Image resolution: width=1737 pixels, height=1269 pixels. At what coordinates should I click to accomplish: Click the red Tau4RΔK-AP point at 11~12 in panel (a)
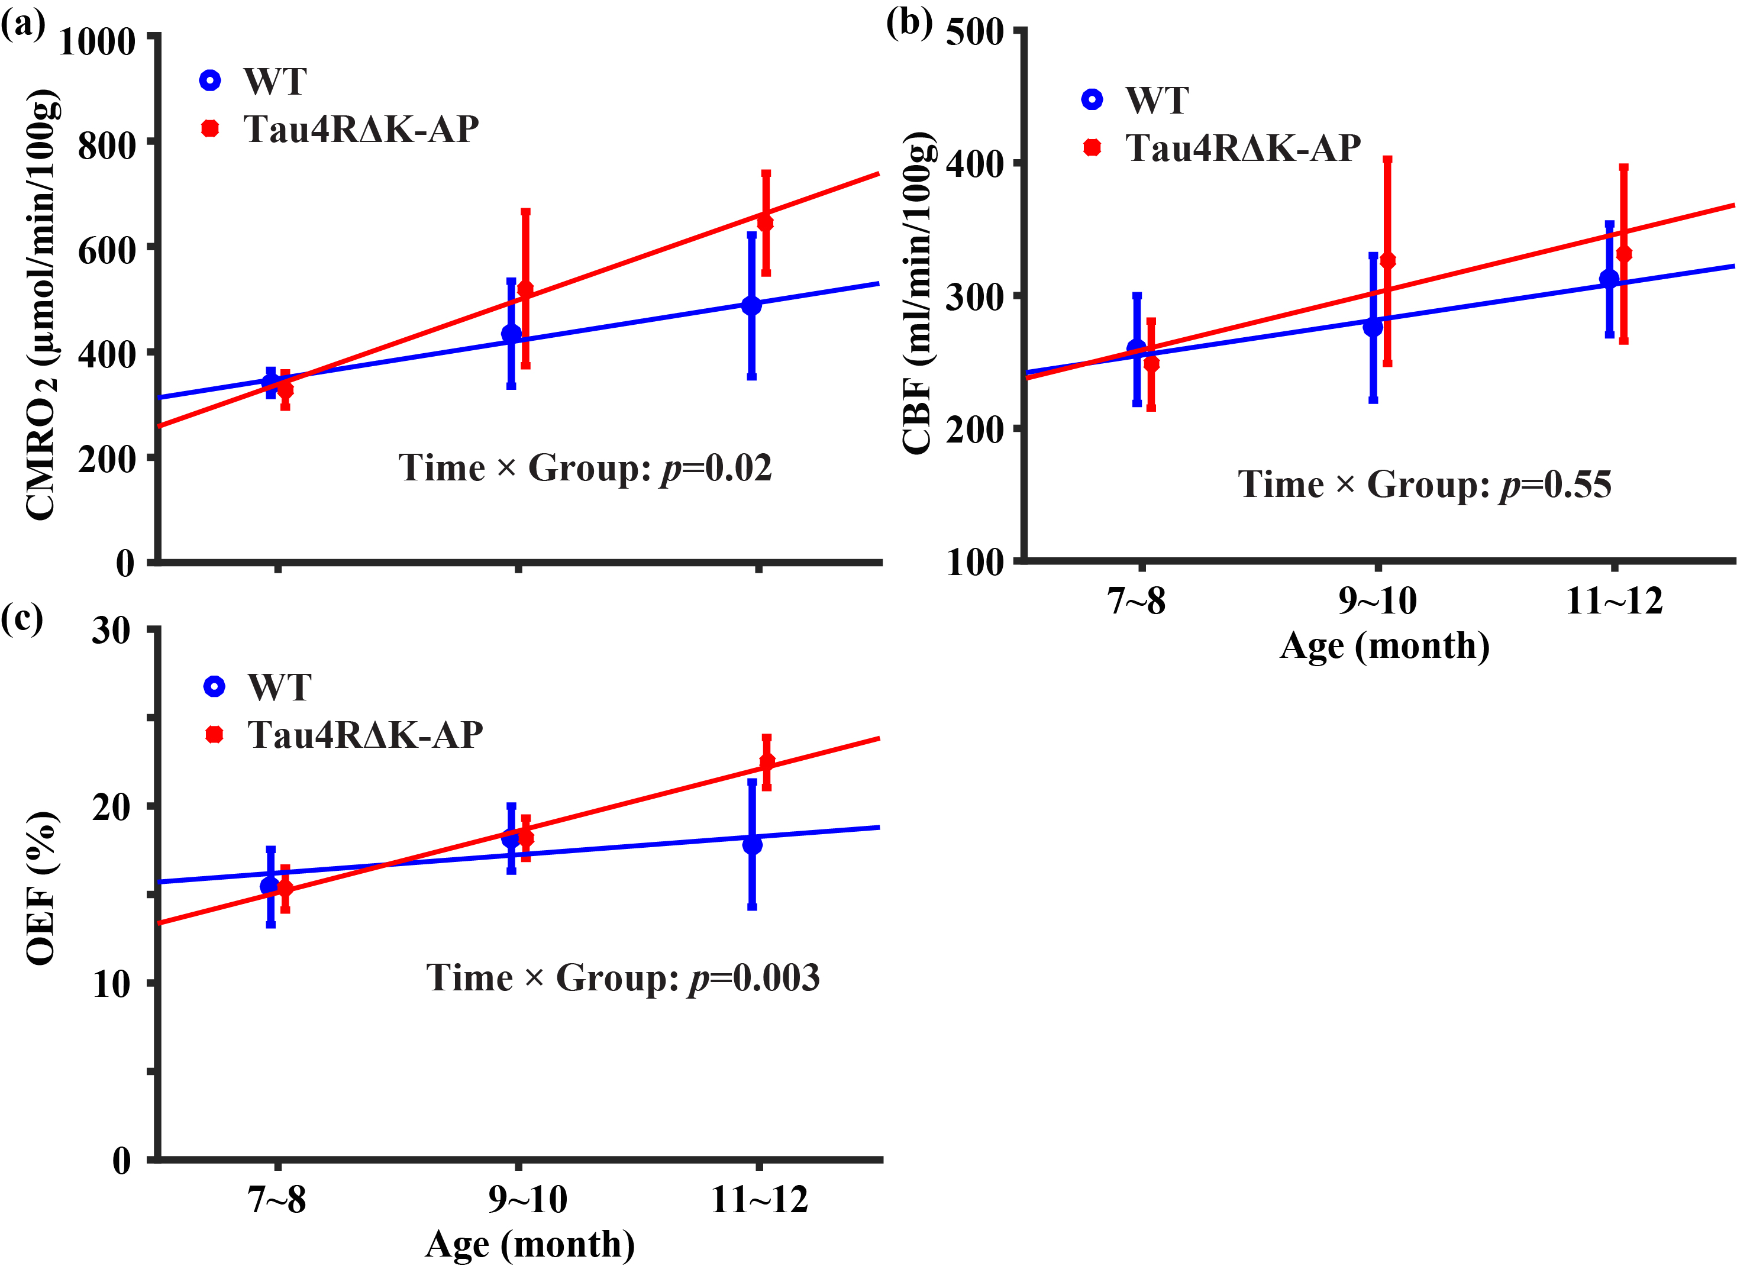765,223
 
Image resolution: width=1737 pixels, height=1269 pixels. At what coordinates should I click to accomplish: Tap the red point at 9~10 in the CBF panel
1387,260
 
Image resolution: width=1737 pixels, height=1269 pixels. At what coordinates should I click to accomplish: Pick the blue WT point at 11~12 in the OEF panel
752,844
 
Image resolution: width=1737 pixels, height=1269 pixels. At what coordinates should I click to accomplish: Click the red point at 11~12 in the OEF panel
767,761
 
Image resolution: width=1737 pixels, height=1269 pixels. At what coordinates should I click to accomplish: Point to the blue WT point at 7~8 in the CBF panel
1137,348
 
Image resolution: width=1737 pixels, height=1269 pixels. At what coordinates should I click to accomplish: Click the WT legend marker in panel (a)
210,80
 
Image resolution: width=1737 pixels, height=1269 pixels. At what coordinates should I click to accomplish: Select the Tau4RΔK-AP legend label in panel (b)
1243,147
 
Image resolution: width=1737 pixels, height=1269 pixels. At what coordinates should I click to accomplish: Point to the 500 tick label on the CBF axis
975,33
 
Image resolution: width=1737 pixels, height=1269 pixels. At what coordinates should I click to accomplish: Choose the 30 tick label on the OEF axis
111,631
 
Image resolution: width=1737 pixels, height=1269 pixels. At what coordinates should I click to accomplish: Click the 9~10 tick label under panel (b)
1377,600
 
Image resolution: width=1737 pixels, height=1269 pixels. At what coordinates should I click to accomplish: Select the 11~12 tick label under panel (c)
760,1199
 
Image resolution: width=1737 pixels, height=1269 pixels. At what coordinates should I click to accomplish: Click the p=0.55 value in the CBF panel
1557,485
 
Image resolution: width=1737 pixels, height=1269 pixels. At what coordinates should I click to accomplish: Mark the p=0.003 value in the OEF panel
755,978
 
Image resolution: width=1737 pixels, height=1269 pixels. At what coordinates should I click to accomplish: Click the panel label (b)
909,23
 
